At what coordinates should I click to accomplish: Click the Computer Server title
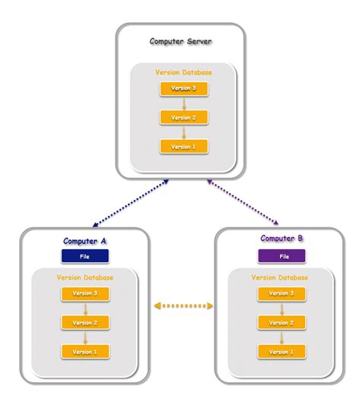tap(181, 41)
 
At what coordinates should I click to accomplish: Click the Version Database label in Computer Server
tap(183, 72)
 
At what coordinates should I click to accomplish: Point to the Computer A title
tap(84, 241)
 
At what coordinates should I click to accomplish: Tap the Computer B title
tap(282, 239)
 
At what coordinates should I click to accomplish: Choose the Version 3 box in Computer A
tap(84, 294)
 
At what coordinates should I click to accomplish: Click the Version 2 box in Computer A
tap(84, 323)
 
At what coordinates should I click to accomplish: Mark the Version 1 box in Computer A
tap(84, 352)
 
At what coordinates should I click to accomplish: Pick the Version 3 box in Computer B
tap(282, 293)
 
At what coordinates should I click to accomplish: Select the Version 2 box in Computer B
tap(282, 323)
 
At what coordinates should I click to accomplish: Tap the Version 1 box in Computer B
tap(282, 352)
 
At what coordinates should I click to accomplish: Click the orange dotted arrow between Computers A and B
tap(182, 306)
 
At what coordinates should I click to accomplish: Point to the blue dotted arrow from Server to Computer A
tap(130, 203)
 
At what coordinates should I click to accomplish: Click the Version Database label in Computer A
tap(84, 278)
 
